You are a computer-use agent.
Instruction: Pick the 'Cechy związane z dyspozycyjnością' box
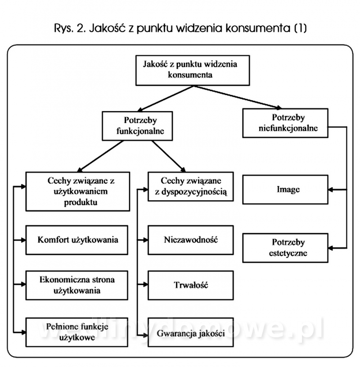click(x=191, y=187)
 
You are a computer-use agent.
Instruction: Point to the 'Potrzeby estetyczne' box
click(x=285, y=247)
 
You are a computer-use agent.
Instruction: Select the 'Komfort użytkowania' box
click(x=78, y=240)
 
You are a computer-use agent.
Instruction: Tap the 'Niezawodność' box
click(x=191, y=240)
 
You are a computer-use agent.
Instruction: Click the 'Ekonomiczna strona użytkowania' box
click(x=78, y=285)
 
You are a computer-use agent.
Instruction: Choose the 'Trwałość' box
click(x=191, y=285)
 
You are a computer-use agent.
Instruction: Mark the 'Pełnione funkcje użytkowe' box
click(x=78, y=332)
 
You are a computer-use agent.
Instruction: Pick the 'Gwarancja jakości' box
click(x=191, y=334)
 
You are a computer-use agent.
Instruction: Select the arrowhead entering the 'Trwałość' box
click(x=146, y=285)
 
